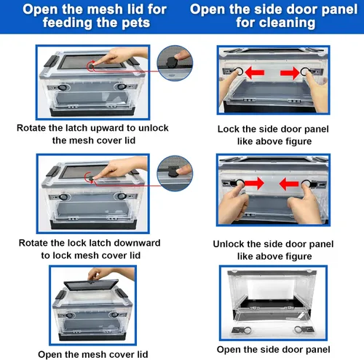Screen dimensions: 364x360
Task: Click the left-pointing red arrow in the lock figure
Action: pyautogui.click(x=255, y=73)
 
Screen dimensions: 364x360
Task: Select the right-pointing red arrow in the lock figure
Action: pyautogui.click(x=290, y=73)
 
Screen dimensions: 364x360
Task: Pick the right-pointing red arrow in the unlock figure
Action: pyautogui.click(x=255, y=183)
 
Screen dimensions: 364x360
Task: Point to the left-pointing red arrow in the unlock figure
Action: pyautogui.click(x=289, y=184)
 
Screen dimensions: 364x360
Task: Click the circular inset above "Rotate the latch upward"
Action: pyautogui.click(x=175, y=63)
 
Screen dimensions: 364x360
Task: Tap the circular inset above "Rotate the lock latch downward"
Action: pyautogui.click(x=175, y=173)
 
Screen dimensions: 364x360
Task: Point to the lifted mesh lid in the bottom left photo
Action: pyautogui.click(x=91, y=284)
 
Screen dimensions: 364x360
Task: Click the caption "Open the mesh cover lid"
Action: pyautogui.click(x=93, y=354)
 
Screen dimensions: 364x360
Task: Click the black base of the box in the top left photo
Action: pyautogui.click(x=92, y=112)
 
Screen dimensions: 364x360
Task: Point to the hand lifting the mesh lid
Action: pyautogui.click(x=111, y=274)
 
